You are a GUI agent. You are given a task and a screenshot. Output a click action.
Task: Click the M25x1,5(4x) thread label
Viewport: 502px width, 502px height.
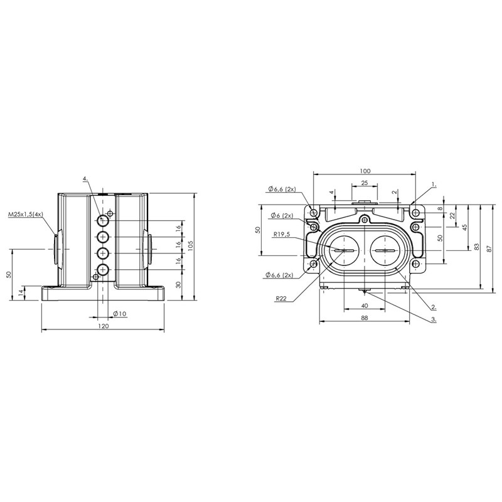point(26,214)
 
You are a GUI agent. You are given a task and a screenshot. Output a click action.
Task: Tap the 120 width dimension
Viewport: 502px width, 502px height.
point(103,326)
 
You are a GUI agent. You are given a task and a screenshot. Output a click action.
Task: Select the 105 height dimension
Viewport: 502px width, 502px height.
point(191,246)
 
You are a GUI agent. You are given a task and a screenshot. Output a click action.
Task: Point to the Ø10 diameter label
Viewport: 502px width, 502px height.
point(120,314)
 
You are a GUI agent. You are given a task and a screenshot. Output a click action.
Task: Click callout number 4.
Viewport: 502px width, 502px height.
point(85,178)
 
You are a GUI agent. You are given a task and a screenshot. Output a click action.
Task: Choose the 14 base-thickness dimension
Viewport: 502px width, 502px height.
point(21,292)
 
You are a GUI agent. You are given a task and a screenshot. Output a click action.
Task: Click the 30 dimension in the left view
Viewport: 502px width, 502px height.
point(179,284)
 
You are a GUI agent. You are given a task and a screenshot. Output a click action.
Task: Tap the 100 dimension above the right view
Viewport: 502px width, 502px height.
point(365,171)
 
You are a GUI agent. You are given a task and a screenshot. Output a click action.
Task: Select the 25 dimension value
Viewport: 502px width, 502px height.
point(365,183)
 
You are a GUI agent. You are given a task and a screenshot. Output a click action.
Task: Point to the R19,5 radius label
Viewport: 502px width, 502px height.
point(281,234)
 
